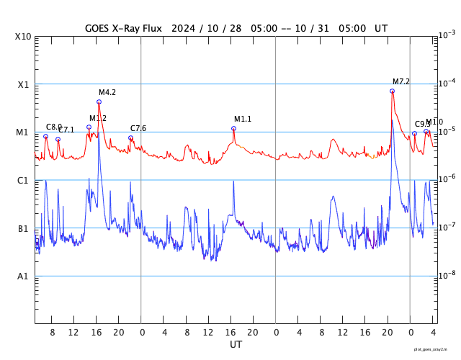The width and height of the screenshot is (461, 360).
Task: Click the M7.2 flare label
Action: click(401, 81)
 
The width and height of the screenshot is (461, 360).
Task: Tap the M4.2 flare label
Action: click(107, 92)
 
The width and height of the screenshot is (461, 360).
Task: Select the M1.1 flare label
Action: click(243, 119)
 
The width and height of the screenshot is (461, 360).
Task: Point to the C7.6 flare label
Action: click(138, 128)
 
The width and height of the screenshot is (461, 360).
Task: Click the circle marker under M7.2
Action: click(392, 91)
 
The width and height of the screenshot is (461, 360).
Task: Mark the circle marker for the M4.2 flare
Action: click(99, 102)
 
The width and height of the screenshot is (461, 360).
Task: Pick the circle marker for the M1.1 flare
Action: click(233, 128)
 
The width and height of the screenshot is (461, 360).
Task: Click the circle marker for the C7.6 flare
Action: click(130, 138)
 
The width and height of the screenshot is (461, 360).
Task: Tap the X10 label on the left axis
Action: click(24, 37)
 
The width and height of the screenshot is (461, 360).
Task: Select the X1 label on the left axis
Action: click(24, 84)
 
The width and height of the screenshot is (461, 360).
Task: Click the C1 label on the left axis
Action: click(24, 181)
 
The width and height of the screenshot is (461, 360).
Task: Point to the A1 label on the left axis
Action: click(24, 276)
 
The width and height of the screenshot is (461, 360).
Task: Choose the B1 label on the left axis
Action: click(24, 229)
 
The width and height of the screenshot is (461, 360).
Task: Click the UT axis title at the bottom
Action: click(236, 345)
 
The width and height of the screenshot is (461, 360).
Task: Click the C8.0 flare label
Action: click(53, 127)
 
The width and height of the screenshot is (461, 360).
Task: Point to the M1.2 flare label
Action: click(98, 118)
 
